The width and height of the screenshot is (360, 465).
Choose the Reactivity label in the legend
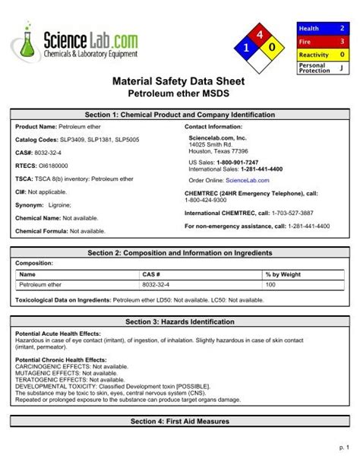[x=313, y=55]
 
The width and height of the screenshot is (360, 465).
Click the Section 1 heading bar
[x=180, y=114]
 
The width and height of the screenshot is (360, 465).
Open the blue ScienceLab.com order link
[x=243, y=181]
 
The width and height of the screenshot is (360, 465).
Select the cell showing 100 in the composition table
[x=270, y=284]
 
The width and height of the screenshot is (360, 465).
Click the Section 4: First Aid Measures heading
[x=180, y=421]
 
